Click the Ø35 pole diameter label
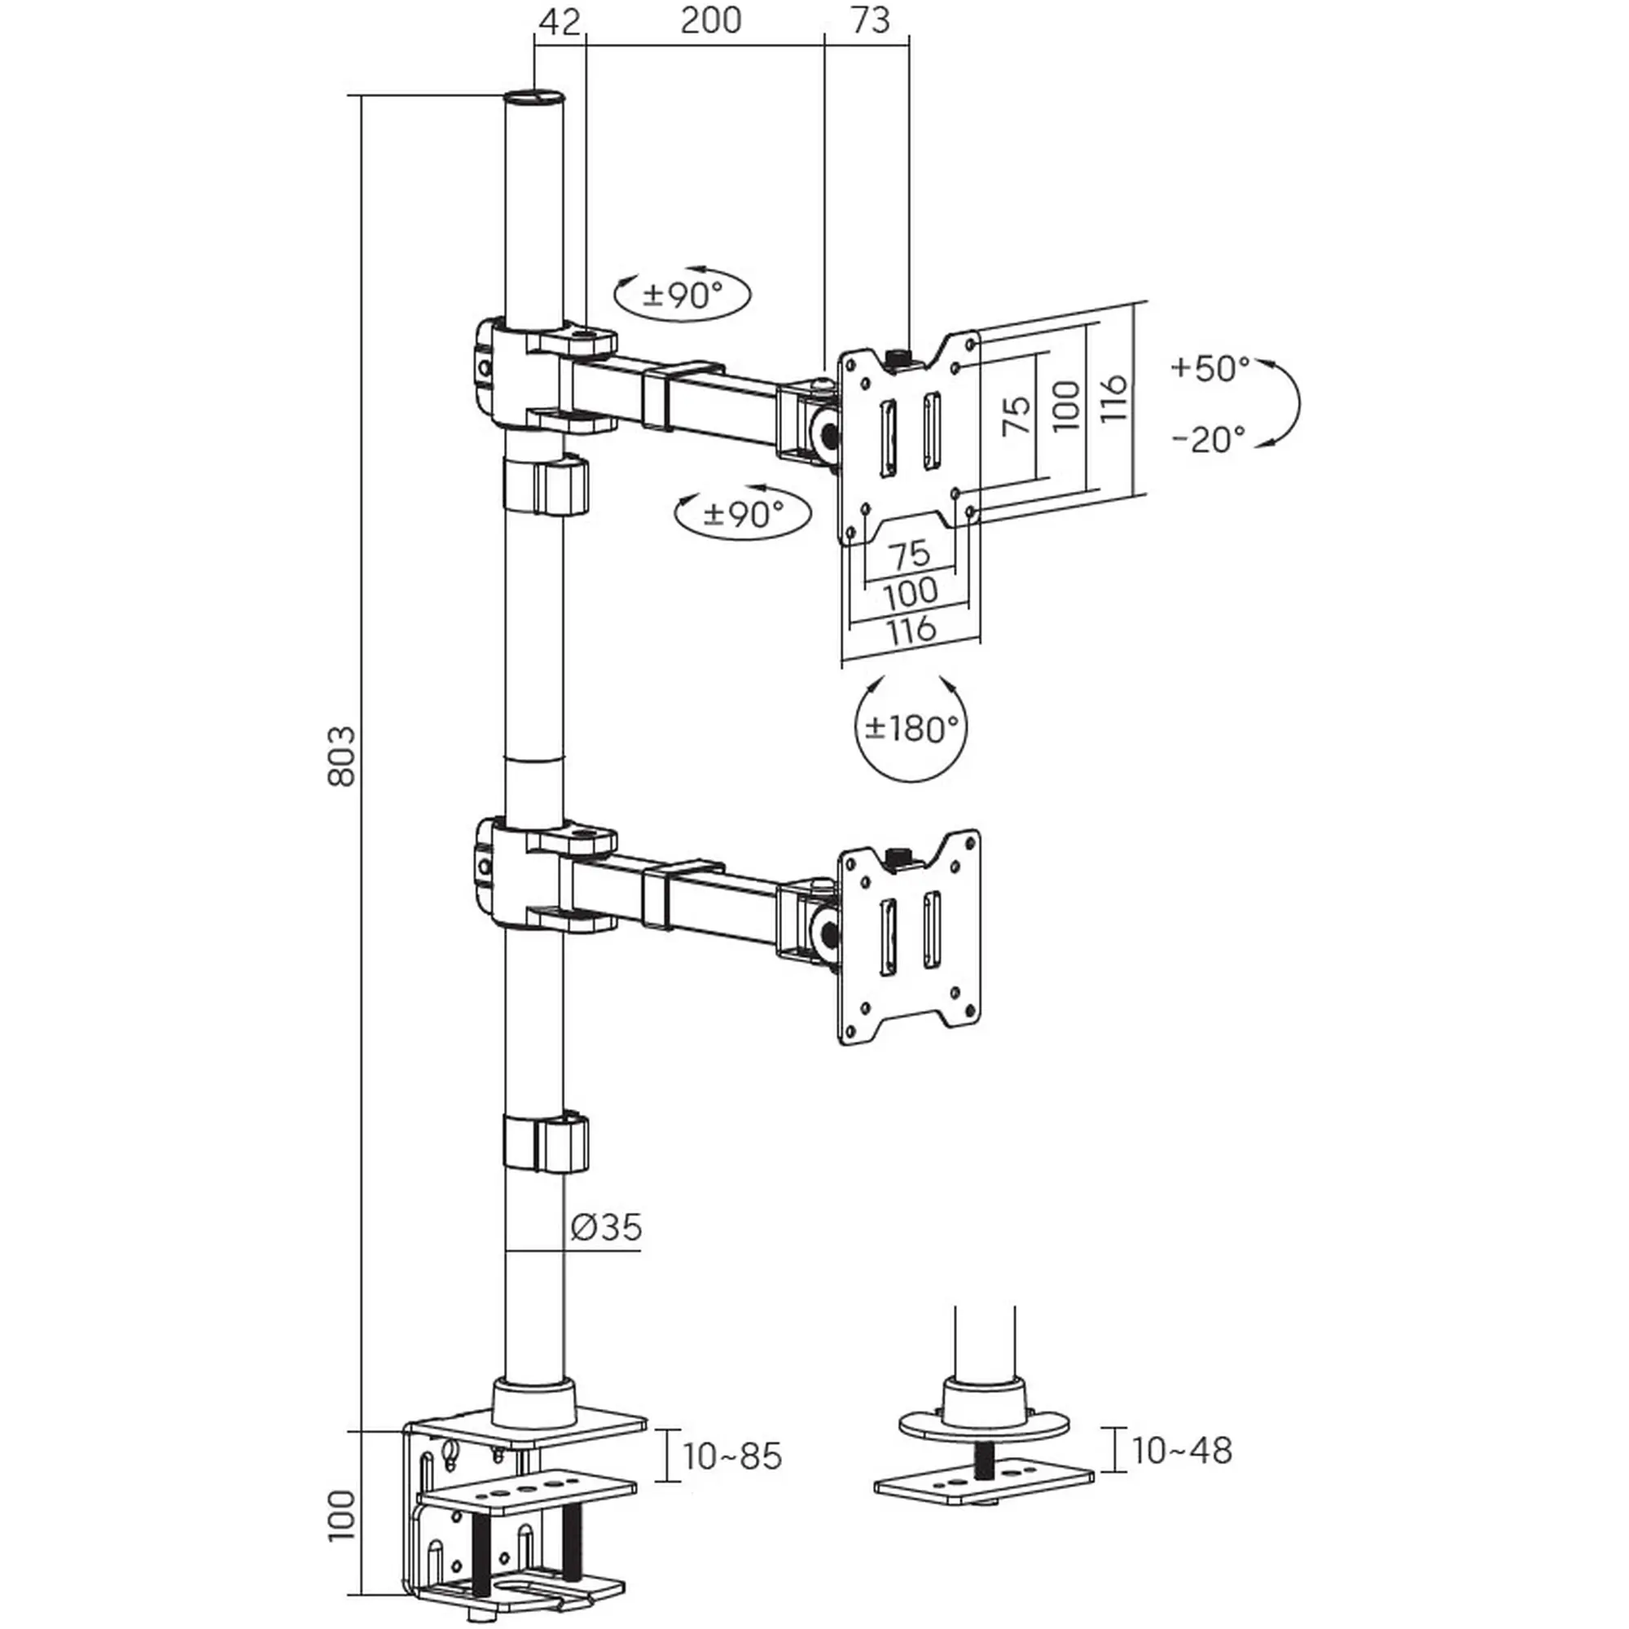[x=606, y=1227]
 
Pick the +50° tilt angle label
[x=1210, y=367]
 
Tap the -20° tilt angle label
[x=1208, y=438]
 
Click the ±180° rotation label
[x=911, y=727]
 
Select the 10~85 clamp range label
[x=732, y=1456]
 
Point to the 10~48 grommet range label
[x=1181, y=1451]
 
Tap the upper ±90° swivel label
[x=683, y=294]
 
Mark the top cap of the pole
[x=534, y=94]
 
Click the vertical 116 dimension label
[x=1113, y=399]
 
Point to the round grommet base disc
[x=984, y=1426]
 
